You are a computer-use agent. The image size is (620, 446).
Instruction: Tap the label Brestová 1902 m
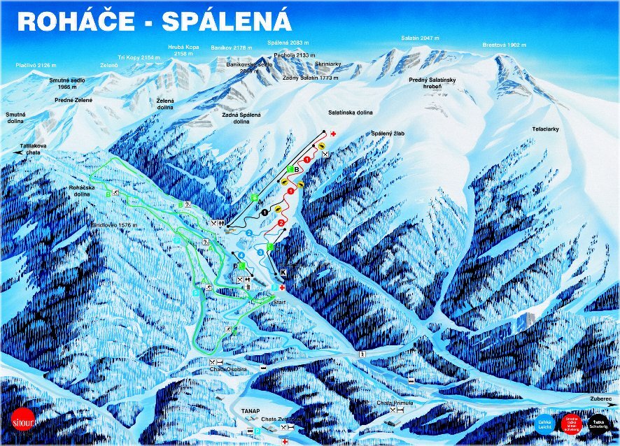(503, 45)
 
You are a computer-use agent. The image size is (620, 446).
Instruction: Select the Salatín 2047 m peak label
(418, 38)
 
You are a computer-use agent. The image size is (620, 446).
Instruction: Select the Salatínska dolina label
(350, 112)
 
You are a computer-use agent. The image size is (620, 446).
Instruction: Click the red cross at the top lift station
(334, 134)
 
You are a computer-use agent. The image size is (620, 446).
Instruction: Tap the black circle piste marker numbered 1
(265, 211)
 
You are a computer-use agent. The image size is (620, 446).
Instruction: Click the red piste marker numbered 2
(281, 223)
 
